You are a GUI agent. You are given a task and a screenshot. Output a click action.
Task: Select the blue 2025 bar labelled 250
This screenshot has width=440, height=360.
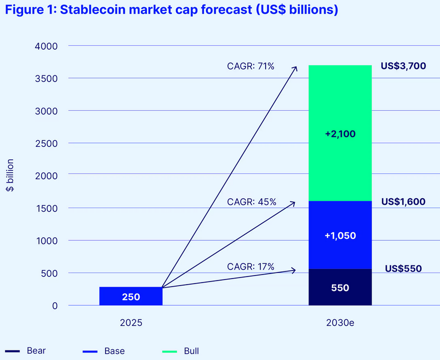pos(131,297)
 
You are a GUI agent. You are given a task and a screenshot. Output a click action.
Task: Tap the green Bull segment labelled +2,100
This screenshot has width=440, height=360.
pos(340,134)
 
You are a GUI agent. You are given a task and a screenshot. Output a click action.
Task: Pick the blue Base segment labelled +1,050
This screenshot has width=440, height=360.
pos(340,235)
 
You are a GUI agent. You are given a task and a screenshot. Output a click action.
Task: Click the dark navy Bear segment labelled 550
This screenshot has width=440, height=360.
pos(340,288)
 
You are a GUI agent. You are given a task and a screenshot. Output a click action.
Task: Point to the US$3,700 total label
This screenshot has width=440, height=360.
pos(403,65)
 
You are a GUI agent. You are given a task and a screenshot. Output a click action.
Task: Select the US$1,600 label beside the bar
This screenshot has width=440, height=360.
pos(403,202)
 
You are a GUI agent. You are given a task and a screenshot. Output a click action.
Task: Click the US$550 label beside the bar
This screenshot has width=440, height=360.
pos(403,268)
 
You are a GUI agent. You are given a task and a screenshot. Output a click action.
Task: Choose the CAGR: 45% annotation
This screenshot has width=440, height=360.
pos(251,202)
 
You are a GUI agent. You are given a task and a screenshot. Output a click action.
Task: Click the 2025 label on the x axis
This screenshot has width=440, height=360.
pos(131,323)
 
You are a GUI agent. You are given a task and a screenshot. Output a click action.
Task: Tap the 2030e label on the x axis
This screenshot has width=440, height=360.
pos(340,323)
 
